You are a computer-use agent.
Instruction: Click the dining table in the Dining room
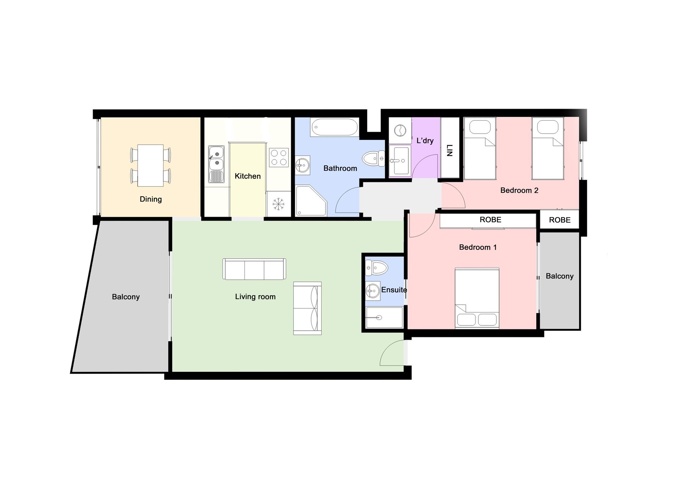tap(150, 165)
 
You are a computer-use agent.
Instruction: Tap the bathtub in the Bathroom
tap(334, 127)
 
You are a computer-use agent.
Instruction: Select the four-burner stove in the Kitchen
tap(279, 157)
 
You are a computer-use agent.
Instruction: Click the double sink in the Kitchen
tap(216, 164)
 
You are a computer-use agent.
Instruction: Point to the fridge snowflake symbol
tap(278, 204)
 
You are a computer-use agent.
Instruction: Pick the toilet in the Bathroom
tap(374, 158)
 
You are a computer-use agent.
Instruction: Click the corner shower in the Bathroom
tap(311, 201)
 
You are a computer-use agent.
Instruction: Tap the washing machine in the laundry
tap(400, 131)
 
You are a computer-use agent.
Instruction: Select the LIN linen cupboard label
tap(449, 150)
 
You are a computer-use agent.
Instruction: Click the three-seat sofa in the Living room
tap(254, 269)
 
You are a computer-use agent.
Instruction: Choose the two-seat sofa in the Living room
tap(307, 308)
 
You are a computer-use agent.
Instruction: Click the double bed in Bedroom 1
tap(477, 298)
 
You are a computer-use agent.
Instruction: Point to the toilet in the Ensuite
tap(376, 268)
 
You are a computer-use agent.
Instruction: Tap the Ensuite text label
tap(394, 290)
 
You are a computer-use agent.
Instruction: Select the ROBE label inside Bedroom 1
tap(490, 220)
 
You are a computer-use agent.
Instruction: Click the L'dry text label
tap(425, 141)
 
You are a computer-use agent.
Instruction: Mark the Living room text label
tap(255, 297)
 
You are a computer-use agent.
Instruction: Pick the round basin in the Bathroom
tap(302, 165)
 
